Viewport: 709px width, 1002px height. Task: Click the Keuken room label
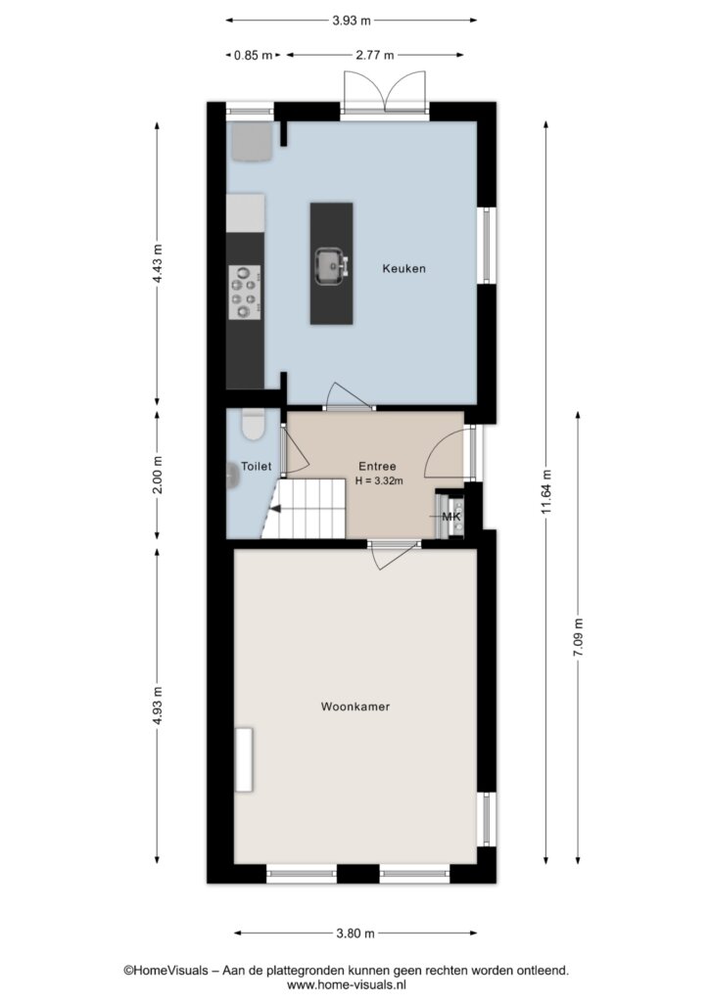403,268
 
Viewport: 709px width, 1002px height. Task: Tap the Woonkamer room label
354,706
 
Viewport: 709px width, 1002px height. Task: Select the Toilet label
256,467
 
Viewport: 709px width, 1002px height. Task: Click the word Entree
377,467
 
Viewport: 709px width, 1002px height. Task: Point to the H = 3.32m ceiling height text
379,480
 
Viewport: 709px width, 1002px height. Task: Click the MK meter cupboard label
452,517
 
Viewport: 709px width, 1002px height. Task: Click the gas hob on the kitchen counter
245,292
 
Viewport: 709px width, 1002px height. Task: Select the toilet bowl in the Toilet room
254,425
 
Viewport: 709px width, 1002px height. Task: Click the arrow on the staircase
275,509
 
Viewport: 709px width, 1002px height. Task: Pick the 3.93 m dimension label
351,21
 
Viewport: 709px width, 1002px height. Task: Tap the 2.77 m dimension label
375,55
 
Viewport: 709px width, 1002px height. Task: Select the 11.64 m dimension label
545,491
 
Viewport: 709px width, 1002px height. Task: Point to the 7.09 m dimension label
578,637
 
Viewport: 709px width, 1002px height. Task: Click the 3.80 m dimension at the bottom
355,933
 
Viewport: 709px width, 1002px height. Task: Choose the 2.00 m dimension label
158,475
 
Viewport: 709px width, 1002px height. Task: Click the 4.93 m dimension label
158,706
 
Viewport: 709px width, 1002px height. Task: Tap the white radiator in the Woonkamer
244,759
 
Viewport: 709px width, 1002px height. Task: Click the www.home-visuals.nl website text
346,984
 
